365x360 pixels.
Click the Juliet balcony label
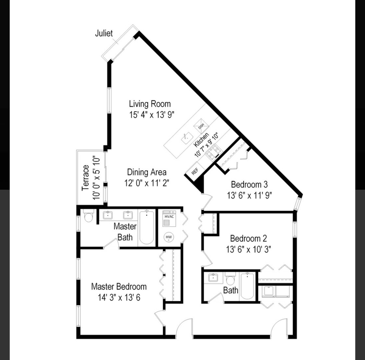coord(104,33)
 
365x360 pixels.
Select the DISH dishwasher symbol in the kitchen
coord(201,126)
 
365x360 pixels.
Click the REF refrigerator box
coord(195,171)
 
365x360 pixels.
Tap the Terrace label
coord(86,178)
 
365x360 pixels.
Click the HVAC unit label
coord(169,216)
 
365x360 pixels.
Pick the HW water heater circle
coord(169,237)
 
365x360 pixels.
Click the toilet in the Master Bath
coord(89,217)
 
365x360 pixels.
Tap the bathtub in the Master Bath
coord(146,227)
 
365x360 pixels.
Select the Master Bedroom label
coord(119,286)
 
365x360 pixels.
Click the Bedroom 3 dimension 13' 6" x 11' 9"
coord(250,195)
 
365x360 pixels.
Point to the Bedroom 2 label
coord(249,238)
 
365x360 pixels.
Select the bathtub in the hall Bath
coord(247,286)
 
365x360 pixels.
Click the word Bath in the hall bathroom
coord(231,290)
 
